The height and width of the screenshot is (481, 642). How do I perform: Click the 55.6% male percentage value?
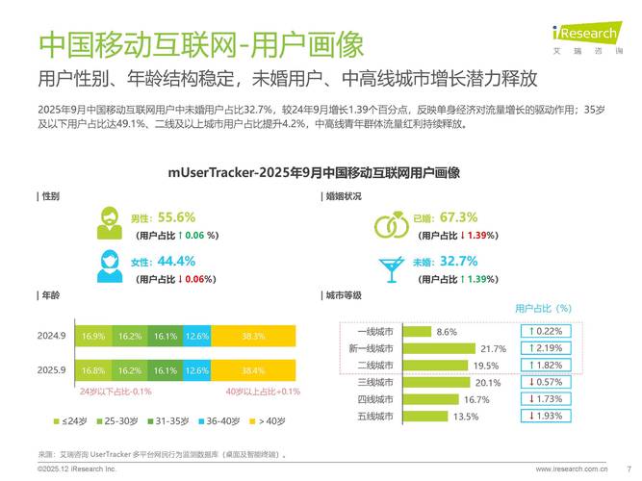(x=176, y=217)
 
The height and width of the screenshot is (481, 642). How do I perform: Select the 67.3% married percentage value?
(x=458, y=217)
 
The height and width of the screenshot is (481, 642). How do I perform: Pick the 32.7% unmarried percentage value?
(x=458, y=261)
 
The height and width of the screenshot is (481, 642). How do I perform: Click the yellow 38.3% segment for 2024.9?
(x=253, y=336)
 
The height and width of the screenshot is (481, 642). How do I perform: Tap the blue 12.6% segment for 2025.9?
(x=196, y=369)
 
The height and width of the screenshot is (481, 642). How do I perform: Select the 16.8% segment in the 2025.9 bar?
(x=93, y=369)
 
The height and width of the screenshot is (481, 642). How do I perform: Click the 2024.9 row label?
(x=51, y=336)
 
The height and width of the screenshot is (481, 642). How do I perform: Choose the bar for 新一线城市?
(x=438, y=348)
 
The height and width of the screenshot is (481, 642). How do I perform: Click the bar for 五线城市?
(x=424, y=416)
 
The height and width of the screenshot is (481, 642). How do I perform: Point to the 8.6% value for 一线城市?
(x=447, y=331)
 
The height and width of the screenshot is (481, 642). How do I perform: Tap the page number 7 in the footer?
(x=629, y=469)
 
